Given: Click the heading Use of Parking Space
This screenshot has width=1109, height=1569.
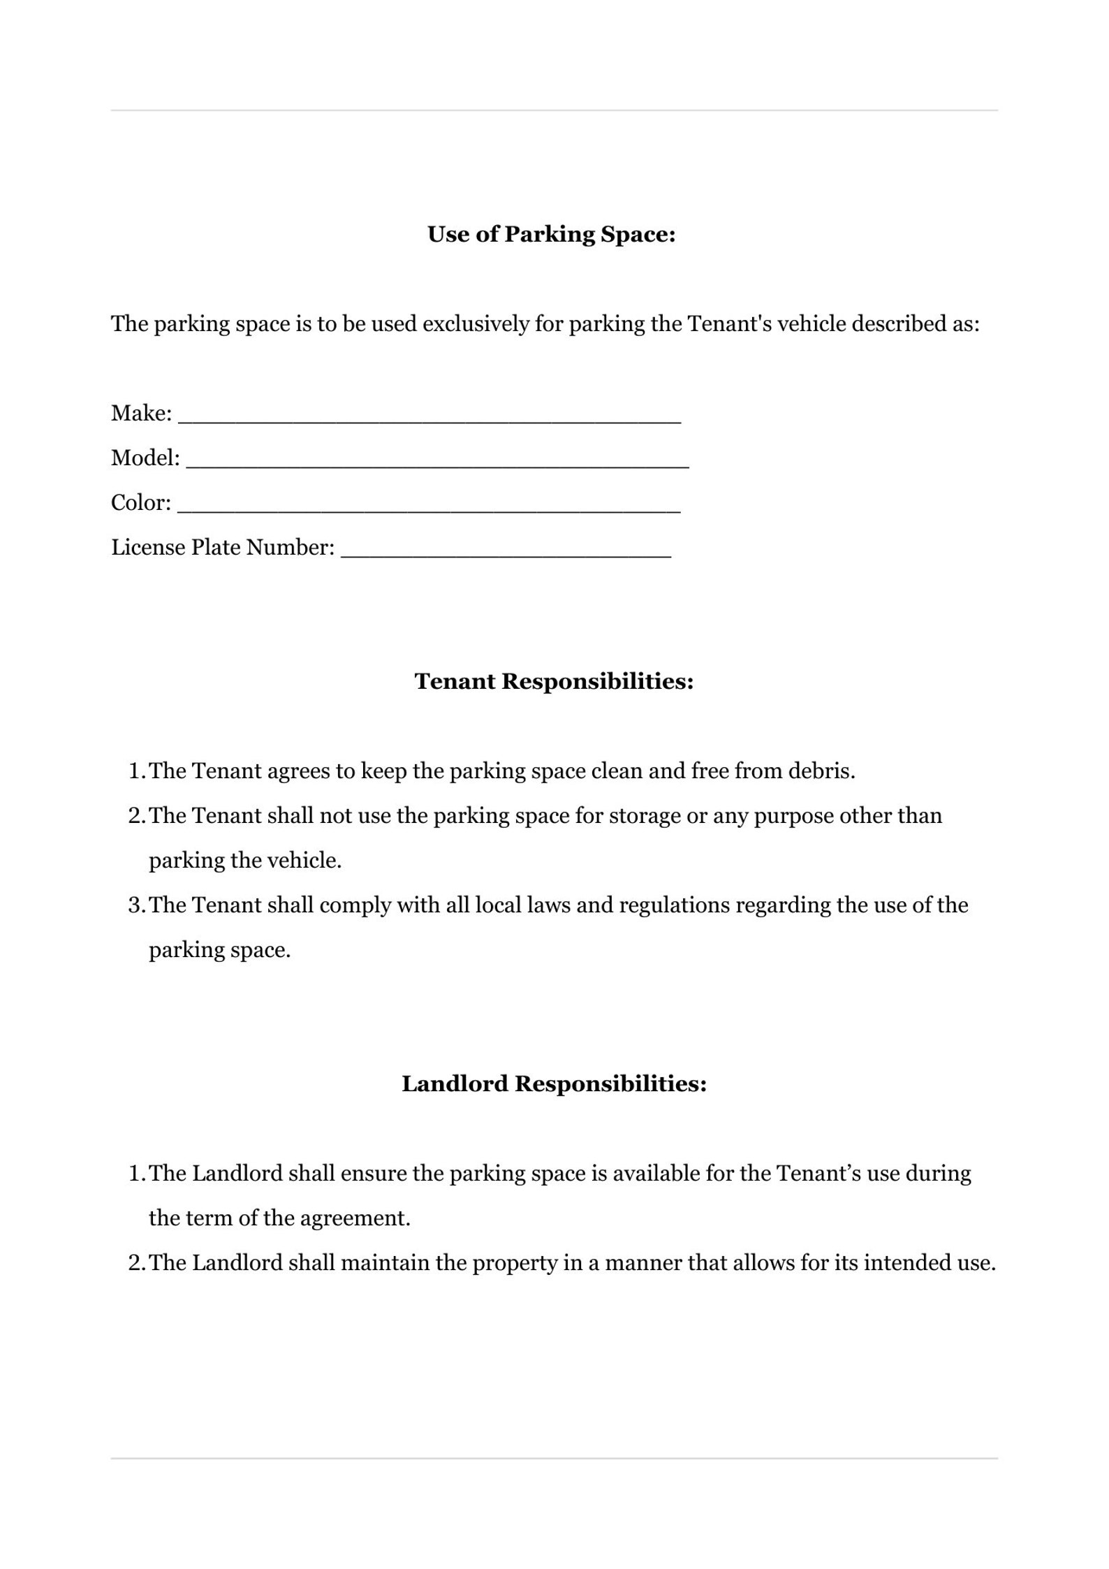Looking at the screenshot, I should point(551,235).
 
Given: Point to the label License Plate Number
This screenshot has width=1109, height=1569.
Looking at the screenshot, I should point(223,547).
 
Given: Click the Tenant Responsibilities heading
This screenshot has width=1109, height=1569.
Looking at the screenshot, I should point(554,681).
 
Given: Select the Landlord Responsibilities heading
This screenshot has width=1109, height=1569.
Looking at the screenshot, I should point(554,1083).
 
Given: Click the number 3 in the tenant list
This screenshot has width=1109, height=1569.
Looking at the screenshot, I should point(135,905).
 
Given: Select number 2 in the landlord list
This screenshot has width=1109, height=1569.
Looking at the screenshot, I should point(135,1263).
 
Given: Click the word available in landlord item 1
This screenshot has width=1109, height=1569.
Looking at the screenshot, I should point(656,1174).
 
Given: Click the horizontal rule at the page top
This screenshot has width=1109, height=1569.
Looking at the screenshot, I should point(554,110).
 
